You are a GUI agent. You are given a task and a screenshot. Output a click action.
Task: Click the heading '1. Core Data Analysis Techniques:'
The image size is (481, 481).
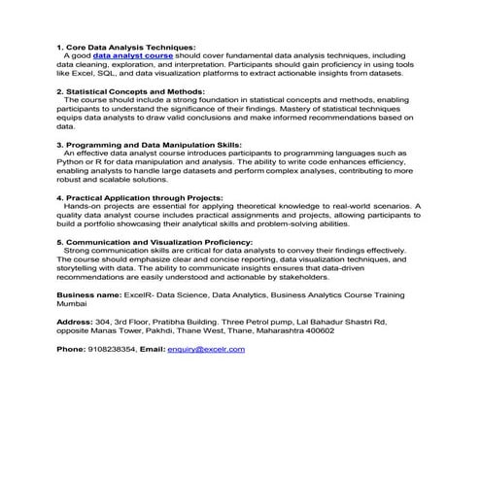(125, 47)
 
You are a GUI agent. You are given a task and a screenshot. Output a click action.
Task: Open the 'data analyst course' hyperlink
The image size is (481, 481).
(133, 55)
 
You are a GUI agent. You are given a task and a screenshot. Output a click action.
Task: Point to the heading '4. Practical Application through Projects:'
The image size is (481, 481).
(140, 196)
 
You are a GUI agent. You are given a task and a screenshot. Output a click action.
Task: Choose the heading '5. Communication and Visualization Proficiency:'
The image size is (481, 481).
(155, 240)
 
